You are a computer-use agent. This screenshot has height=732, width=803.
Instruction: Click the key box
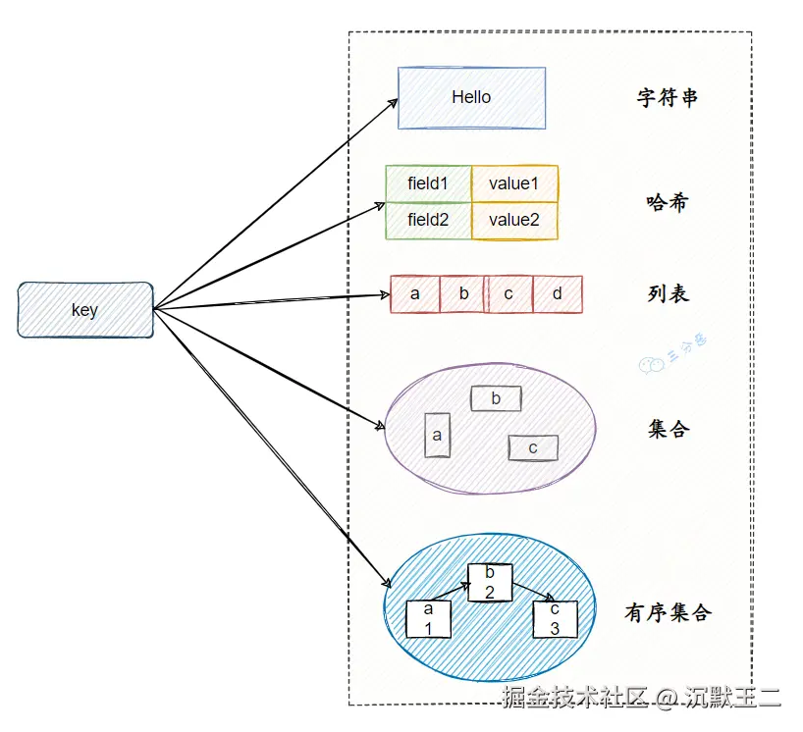(x=85, y=310)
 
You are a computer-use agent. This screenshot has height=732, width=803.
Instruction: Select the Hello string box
(x=471, y=97)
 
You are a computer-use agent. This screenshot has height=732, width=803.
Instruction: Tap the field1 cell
(x=428, y=183)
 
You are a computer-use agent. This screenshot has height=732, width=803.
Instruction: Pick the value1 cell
(x=514, y=183)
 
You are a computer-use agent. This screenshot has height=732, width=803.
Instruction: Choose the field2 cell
(x=428, y=221)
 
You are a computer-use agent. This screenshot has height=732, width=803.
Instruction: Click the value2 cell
(x=514, y=221)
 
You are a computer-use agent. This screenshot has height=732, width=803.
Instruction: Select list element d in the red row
(x=558, y=294)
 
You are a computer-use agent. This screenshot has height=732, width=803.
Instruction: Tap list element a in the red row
(x=414, y=294)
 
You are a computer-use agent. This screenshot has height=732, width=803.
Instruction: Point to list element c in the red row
(x=509, y=294)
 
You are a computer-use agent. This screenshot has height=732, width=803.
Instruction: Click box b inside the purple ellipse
(x=496, y=398)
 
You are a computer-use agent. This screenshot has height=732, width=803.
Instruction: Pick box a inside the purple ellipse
(x=438, y=435)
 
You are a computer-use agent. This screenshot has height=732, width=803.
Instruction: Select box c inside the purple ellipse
(x=533, y=447)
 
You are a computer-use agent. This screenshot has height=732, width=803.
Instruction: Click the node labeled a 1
(x=429, y=618)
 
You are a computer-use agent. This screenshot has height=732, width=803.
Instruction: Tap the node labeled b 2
(x=490, y=582)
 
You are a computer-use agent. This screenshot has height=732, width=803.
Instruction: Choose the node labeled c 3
(x=555, y=618)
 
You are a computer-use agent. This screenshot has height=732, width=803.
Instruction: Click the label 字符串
(x=668, y=98)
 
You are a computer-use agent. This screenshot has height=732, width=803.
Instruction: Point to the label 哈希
(x=668, y=203)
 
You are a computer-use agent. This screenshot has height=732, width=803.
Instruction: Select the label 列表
(x=668, y=293)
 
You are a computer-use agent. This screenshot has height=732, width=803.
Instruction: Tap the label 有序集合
(x=668, y=613)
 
